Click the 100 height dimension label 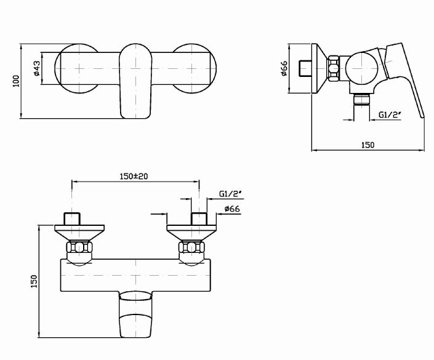(17, 81)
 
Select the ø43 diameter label (36, 68)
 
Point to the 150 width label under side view (368, 145)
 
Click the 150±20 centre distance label (134, 176)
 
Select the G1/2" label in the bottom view (231, 194)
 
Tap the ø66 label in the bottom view (232, 209)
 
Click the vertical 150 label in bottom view (34, 281)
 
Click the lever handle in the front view (135, 81)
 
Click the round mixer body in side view (361, 68)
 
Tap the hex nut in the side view (334, 68)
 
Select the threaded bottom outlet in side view (362, 100)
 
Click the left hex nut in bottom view (79, 247)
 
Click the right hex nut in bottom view (191, 247)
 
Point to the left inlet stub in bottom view (72, 218)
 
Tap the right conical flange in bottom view (191, 233)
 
